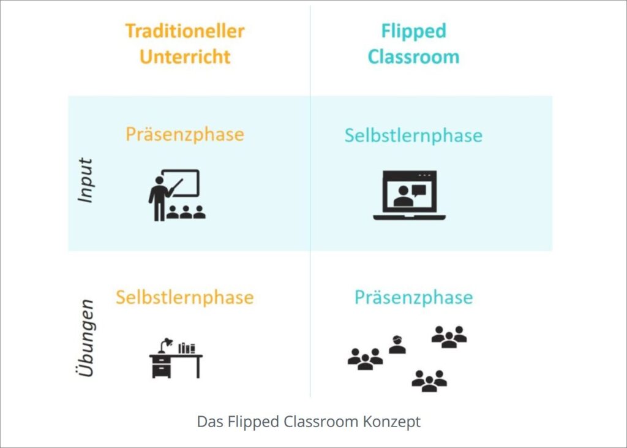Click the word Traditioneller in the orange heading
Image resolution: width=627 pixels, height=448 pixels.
(185, 31)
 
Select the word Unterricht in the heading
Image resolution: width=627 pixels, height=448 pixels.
(185, 56)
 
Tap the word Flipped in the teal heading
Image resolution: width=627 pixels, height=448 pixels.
(413, 32)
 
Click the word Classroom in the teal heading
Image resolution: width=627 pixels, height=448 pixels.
(413, 56)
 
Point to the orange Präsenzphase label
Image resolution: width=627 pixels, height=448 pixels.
(185, 135)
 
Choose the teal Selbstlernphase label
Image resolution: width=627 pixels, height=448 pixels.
(413, 135)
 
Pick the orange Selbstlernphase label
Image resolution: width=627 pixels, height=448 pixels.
(185, 297)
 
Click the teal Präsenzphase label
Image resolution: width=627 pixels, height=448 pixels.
(413, 298)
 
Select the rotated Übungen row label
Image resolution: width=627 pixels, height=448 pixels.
(84, 338)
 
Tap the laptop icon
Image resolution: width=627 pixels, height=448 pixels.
(409, 196)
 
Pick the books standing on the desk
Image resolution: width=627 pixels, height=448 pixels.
(187, 348)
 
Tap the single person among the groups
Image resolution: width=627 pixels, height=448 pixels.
(397, 344)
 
